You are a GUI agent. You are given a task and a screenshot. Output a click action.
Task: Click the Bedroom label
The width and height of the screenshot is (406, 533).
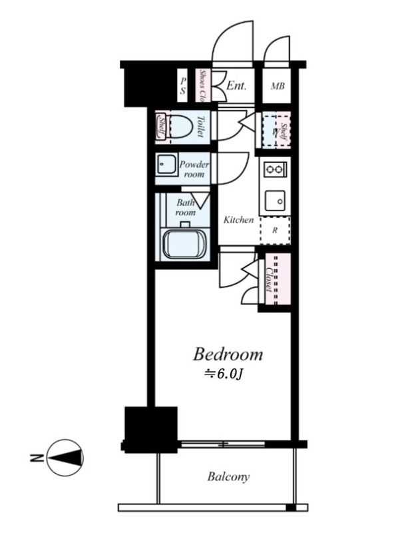coord(228,354)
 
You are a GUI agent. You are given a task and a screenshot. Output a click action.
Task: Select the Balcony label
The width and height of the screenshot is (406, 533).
coord(228,477)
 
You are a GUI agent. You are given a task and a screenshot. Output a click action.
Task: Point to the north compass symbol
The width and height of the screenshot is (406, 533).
coord(65,457)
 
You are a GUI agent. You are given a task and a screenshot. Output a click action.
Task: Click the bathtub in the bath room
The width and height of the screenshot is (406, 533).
coord(185,243)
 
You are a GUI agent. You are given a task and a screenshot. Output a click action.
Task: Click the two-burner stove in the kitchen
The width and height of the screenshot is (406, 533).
coord(274,169)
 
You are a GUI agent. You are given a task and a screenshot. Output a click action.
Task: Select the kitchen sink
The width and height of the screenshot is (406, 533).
coord(274,199)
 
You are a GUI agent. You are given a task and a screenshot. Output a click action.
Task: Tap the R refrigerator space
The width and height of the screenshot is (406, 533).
coord(274,231)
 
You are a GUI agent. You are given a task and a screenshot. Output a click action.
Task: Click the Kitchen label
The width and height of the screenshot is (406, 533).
coord(238,219)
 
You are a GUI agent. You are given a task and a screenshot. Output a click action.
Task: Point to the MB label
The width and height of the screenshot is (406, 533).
coord(277,86)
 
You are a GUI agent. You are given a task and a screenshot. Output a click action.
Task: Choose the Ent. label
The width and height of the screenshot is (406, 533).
coord(236,86)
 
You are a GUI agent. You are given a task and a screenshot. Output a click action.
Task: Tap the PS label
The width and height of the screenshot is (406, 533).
coord(182,86)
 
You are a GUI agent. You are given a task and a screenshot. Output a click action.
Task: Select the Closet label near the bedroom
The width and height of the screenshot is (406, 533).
coord(268,279)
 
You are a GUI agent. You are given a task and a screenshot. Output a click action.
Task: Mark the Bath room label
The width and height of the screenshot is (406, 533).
coord(185,207)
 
